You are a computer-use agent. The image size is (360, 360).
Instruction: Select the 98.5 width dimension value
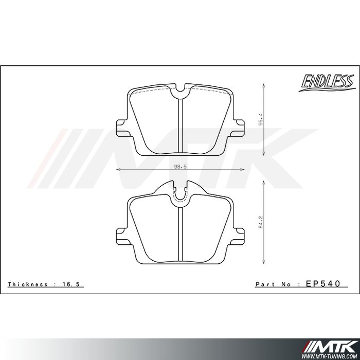tap(179, 166)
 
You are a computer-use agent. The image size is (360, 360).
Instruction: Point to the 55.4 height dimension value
tap(261, 119)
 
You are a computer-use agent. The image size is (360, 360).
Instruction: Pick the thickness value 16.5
tap(76, 284)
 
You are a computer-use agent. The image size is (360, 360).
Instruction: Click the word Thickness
tap(28, 284)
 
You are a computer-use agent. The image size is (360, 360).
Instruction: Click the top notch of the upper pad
tap(179, 93)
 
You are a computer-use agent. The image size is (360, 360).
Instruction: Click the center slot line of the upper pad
tap(179, 126)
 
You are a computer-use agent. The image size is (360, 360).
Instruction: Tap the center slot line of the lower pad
tap(179, 234)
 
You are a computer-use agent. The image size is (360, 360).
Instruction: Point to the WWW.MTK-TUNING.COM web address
tap(332, 355)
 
